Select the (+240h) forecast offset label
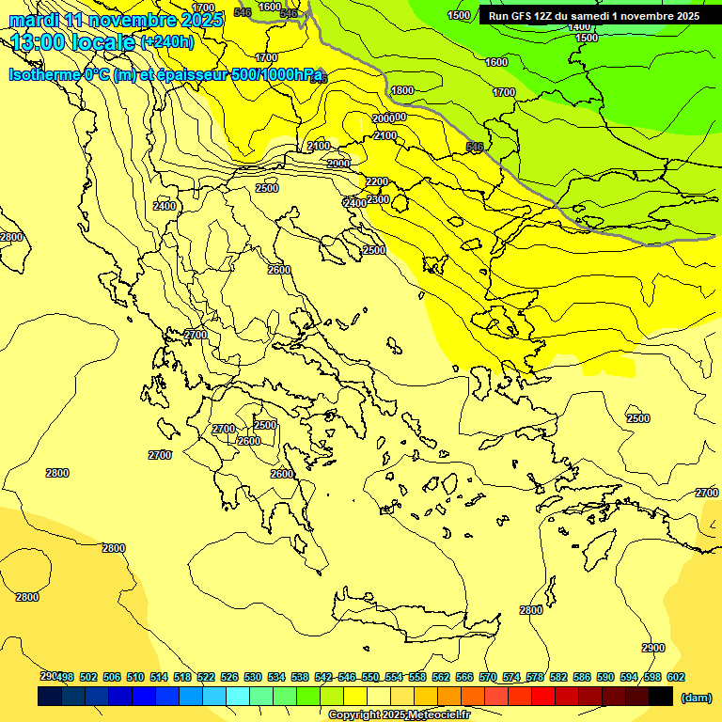point(166,42)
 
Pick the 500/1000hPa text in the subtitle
point(277,74)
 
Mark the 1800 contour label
point(402,90)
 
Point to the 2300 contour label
point(378,199)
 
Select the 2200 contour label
point(377,181)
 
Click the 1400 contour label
point(579,26)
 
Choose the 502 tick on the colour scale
point(88,677)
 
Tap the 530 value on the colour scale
point(253,677)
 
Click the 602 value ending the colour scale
point(676,677)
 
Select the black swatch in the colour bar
point(661,696)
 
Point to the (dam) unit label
point(696,697)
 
